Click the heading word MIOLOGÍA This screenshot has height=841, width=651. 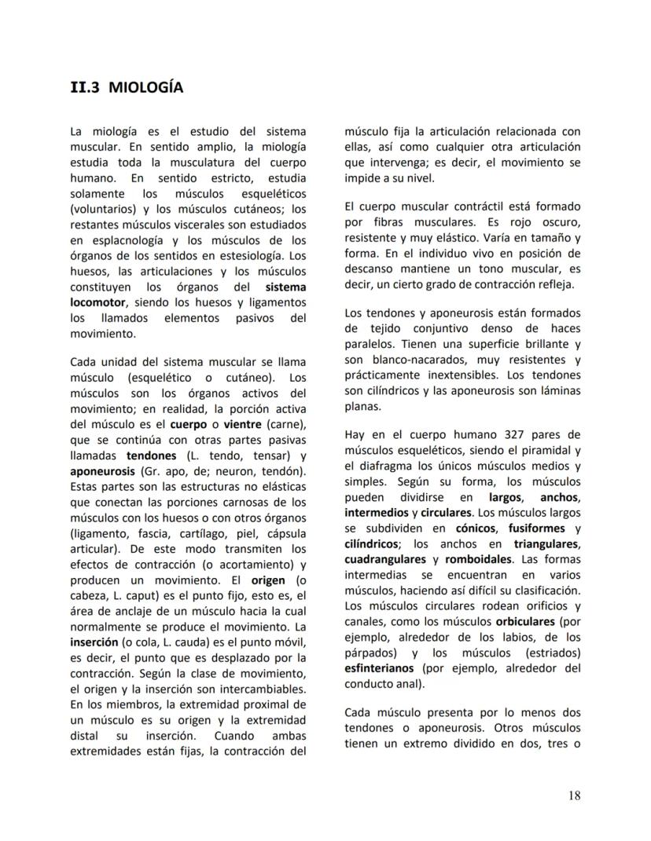(x=145, y=87)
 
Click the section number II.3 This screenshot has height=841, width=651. (x=85, y=87)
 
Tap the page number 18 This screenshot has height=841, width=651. (x=574, y=795)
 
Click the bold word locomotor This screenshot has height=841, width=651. (x=98, y=302)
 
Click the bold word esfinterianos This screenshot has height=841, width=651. (x=381, y=668)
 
